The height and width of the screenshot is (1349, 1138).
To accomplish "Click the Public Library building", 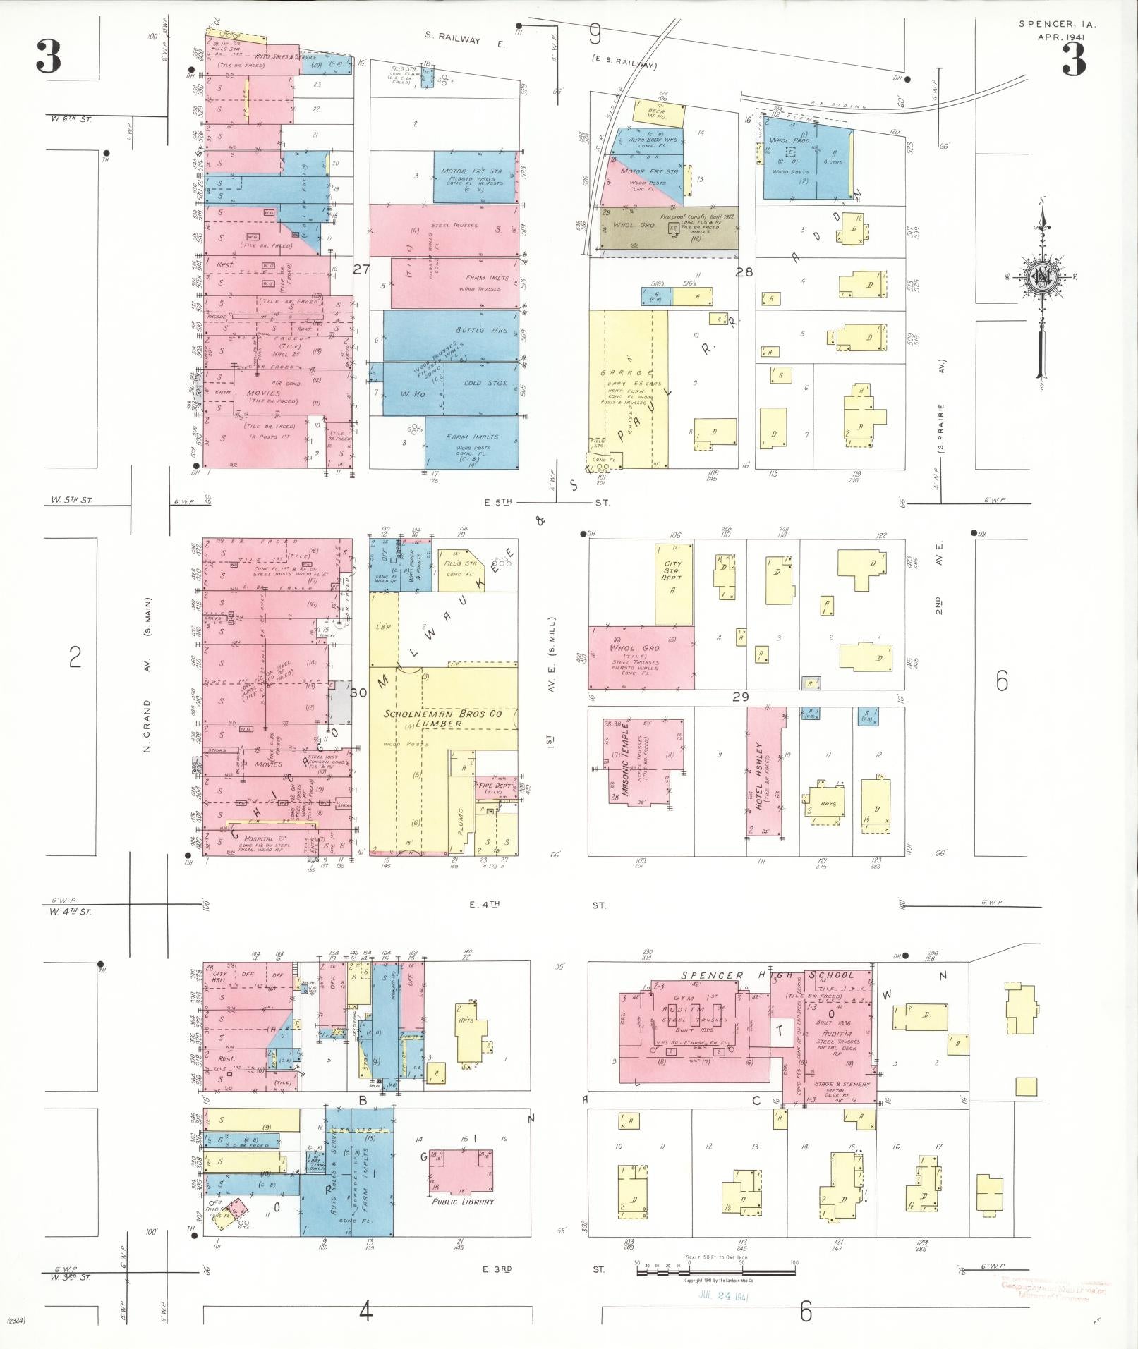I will pyautogui.click(x=461, y=1169).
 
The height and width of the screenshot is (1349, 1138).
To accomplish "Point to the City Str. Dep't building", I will pyautogui.click(x=674, y=583).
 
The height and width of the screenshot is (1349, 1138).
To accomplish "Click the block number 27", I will pyautogui.click(x=362, y=269).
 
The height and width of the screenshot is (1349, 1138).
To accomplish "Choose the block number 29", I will pyautogui.click(x=740, y=697).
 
